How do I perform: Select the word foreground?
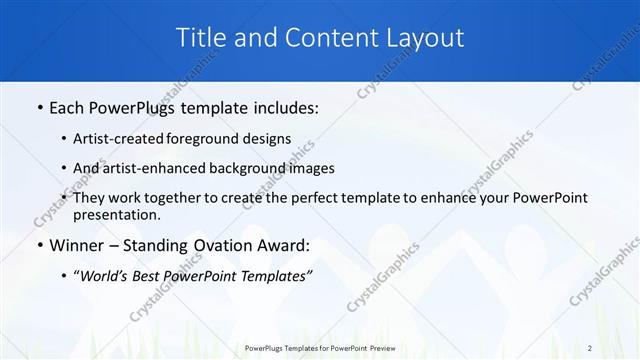pyautogui.click(x=211, y=139)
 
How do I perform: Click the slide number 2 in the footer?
pyautogui.click(x=590, y=348)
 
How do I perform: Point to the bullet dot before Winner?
pyautogui.click(x=38, y=245)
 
